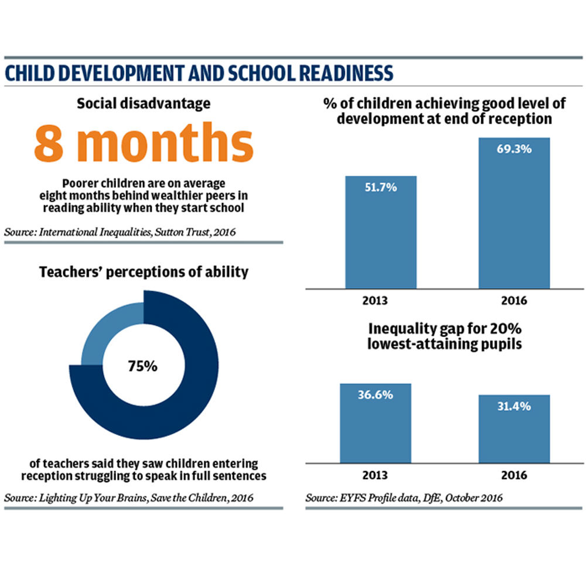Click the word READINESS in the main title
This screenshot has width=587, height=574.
click(346, 73)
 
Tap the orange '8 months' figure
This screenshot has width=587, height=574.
click(144, 143)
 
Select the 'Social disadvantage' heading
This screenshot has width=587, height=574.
click(144, 104)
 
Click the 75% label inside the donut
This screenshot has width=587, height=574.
click(142, 366)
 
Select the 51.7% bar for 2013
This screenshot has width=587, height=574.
click(381, 232)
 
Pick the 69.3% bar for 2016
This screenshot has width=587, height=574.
click(514, 213)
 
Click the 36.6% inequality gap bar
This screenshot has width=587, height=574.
click(376, 423)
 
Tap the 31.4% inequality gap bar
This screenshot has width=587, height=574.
click(514, 429)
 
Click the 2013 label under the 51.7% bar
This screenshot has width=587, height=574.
click(375, 301)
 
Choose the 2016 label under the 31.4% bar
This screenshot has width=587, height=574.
click(514, 475)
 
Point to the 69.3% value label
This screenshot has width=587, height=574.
click(514, 149)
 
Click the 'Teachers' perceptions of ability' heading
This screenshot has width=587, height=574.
click(144, 272)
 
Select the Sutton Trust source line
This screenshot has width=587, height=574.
click(120, 232)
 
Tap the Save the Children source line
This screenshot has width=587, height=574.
click(129, 498)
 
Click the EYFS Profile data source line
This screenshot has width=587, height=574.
click(404, 498)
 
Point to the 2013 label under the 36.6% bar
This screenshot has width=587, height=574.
click(375, 475)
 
